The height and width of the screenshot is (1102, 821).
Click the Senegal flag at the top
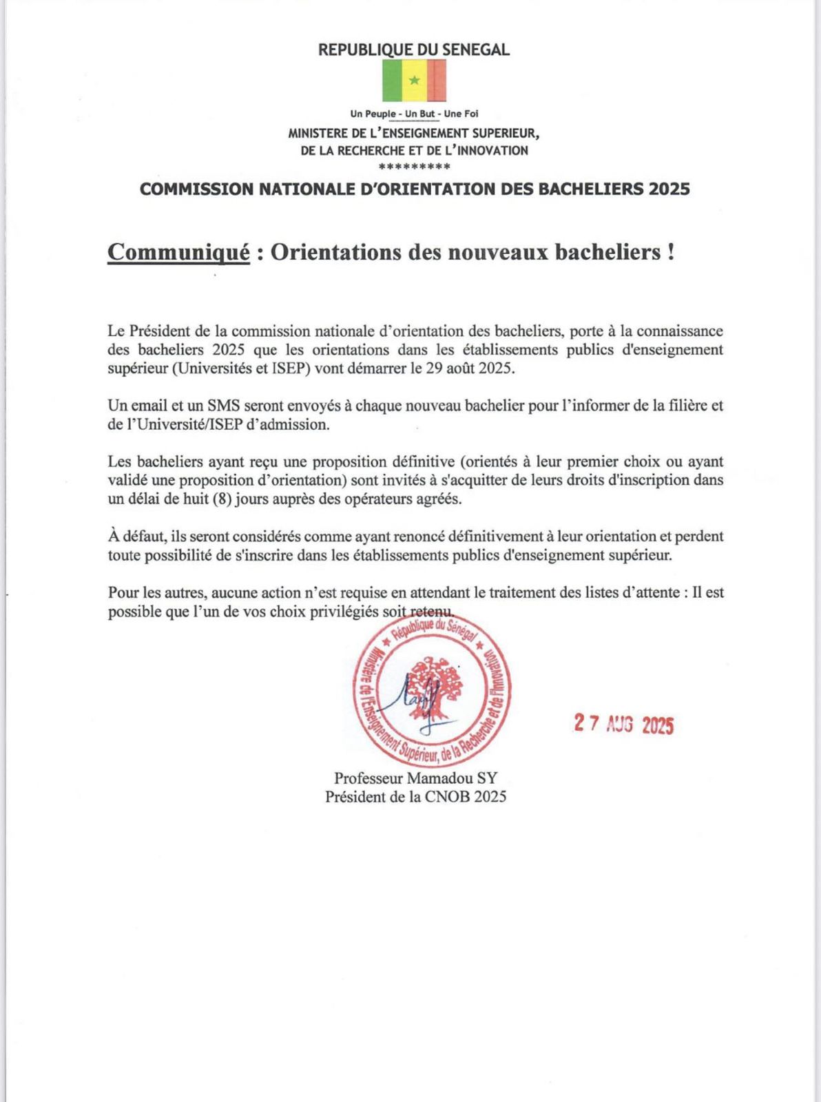pos(414,81)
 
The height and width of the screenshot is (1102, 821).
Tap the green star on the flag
pos(414,81)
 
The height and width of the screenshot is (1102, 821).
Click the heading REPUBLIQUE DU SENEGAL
pos(414,50)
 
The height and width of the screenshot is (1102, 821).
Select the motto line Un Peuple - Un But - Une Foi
pos(414,114)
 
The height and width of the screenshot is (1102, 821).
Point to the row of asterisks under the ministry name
pos(415,167)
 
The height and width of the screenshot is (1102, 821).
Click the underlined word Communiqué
pos(178,252)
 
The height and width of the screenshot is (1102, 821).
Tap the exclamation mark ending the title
pos(670,252)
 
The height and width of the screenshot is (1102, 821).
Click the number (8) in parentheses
pos(222,499)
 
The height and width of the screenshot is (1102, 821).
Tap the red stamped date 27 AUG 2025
pos(624,724)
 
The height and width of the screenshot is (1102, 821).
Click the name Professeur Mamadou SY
pos(415,778)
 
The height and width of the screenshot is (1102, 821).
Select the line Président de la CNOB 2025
pos(415,796)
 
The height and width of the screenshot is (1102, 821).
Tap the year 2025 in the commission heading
pos(669,189)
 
